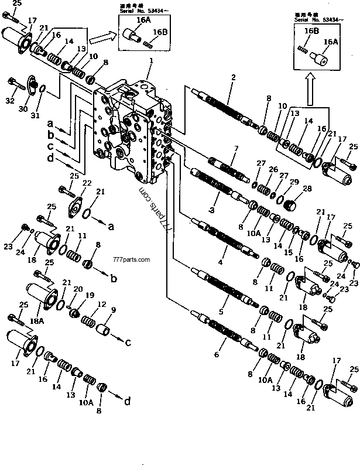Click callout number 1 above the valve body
(150, 60)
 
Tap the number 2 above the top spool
(233, 77)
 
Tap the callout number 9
(113, 310)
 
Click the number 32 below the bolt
(9, 101)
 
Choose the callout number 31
(36, 115)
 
